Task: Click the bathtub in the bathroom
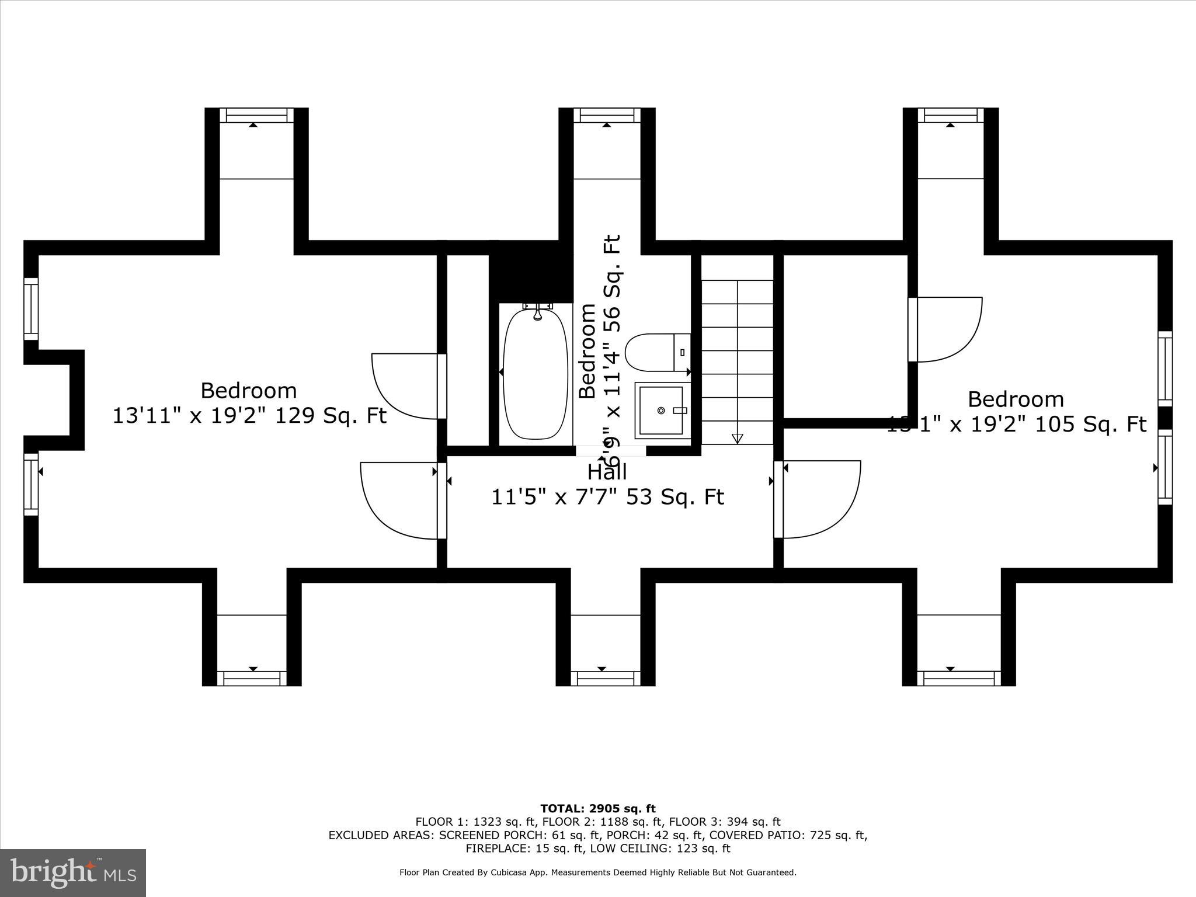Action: pos(535,374)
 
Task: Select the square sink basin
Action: pos(661,411)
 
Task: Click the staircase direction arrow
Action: pos(737,438)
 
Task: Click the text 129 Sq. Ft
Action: pos(331,416)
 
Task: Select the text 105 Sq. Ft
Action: pos(1091,425)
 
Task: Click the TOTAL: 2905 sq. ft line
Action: pos(597,809)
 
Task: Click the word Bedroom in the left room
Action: pos(248,390)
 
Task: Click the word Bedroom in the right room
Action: pos(1016,399)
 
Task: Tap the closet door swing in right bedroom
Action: pos(946,330)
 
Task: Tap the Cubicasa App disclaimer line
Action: pos(597,872)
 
